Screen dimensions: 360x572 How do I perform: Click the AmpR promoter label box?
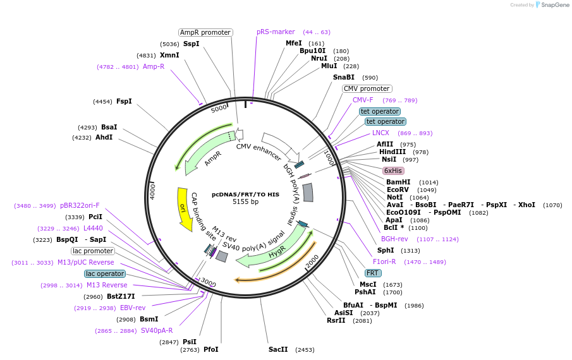[205, 32]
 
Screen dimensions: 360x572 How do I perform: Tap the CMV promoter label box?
[367, 88]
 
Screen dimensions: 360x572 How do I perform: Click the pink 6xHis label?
[393, 171]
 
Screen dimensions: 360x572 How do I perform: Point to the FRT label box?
[373, 273]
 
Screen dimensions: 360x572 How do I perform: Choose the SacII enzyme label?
[278, 349]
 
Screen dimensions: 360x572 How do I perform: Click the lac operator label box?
[104, 273]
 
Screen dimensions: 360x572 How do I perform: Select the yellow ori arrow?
[183, 208]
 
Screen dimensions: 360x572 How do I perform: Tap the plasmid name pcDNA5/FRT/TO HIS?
[245, 195]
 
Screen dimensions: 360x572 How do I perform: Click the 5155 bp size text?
[245, 202]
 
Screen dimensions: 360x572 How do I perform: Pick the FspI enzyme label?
[124, 101]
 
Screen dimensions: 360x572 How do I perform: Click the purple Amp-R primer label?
[154, 66]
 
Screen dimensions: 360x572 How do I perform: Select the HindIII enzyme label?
[392, 152]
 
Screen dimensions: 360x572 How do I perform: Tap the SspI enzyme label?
[191, 44]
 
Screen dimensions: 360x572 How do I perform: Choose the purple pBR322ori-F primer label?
[80, 205]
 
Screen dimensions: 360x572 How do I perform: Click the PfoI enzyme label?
[211, 349]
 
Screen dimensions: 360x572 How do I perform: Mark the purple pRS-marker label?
[276, 32]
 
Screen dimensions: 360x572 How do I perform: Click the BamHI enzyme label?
[398, 182]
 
